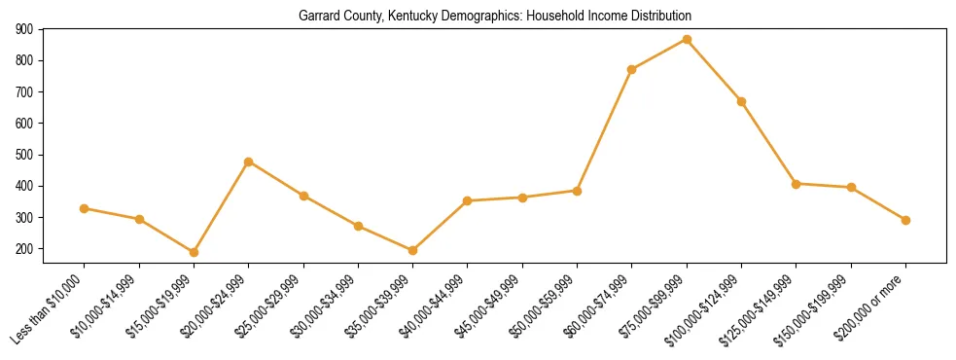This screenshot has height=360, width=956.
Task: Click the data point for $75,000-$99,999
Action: point(687,40)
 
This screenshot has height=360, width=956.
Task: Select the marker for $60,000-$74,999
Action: point(632,69)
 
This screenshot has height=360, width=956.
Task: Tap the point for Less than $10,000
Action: point(85,208)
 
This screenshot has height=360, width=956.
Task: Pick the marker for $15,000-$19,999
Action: point(194,252)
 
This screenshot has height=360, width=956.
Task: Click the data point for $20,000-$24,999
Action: point(249,162)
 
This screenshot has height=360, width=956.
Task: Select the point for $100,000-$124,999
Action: point(741,101)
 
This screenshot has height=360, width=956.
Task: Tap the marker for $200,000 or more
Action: point(905,220)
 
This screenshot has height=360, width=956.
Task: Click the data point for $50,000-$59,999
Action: point(577,191)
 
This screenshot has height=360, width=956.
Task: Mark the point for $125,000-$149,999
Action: point(796,183)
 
